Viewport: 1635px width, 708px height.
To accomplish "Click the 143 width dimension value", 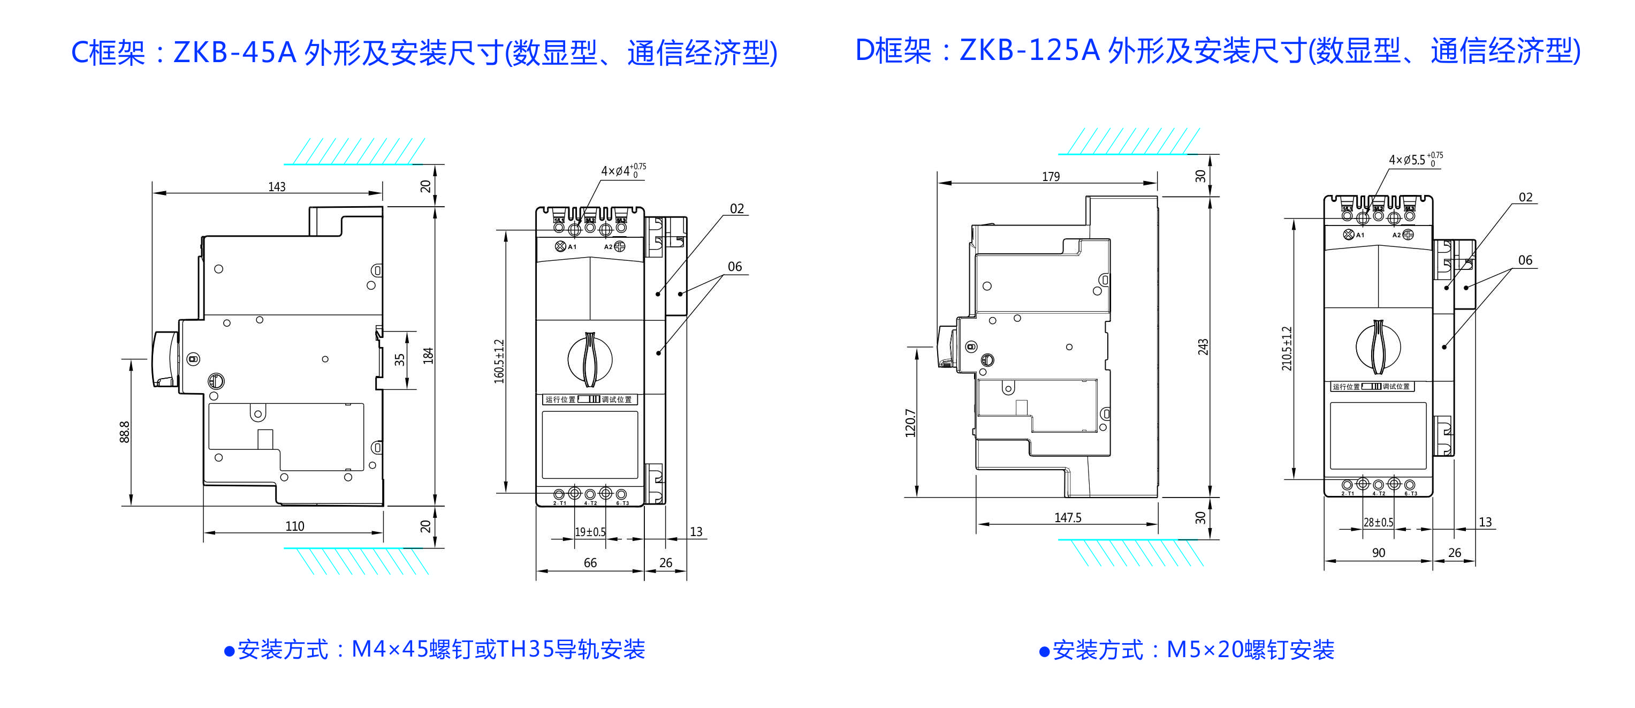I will pyautogui.click(x=277, y=187).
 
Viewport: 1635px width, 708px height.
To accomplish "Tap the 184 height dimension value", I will pyautogui.click(x=429, y=356).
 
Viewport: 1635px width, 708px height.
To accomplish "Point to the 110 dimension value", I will pyautogui.click(x=294, y=526).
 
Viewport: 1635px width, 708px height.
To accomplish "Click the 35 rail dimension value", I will pyautogui.click(x=399, y=359).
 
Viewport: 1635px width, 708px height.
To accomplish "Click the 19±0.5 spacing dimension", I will pyautogui.click(x=590, y=531).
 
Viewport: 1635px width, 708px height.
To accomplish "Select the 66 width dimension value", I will pyautogui.click(x=590, y=562).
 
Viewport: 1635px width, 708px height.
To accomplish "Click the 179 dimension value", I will pyautogui.click(x=1051, y=177).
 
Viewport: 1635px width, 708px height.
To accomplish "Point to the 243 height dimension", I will pyautogui.click(x=1203, y=347).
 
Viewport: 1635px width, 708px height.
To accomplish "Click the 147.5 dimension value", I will pyautogui.click(x=1068, y=517).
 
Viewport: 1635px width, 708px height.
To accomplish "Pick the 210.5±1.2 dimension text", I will pyautogui.click(x=1287, y=349).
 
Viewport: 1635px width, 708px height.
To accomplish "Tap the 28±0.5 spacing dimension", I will pyautogui.click(x=1378, y=522).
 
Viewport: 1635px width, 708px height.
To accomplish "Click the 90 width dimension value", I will pyautogui.click(x=1378, y=553).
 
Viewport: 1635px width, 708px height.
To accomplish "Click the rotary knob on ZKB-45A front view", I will pyautogui.click(x=590, y=359).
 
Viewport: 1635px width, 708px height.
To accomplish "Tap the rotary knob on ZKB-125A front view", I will pyautogui.click(x=1378, y=347).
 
